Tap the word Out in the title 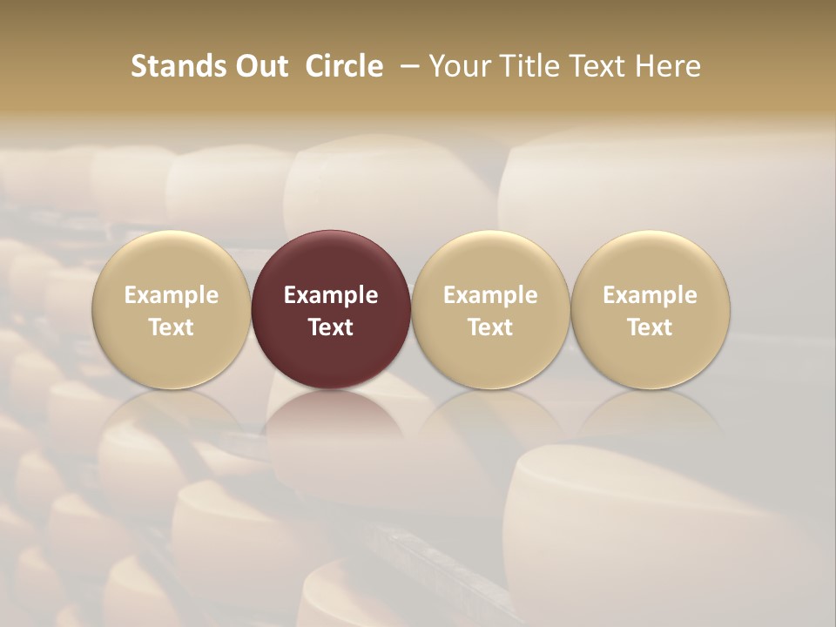click(x=260, y=66)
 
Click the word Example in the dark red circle click(x=331, y=295)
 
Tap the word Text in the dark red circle click(x=331, y=327)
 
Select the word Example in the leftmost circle click(x=172, y=295)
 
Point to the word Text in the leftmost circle click(x=172, y=327)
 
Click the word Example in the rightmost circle click(x=651, y=295)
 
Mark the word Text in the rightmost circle click(x=651, y=327)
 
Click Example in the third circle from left click(x=490, y=295)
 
